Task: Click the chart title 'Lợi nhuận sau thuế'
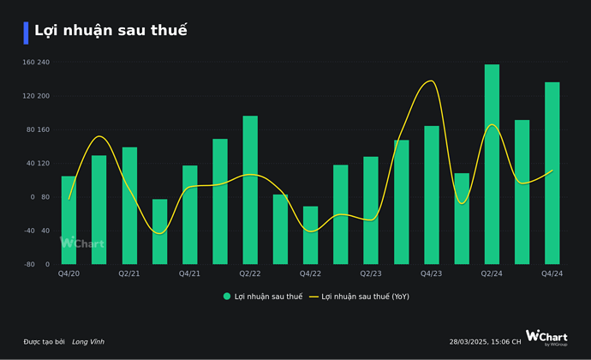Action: pyautogui.click(x=110, y=31)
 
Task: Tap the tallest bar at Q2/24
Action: pyautogui.click(x=492, y=164)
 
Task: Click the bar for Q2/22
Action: pyautogui.click(x=250, y=189)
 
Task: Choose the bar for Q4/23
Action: pyautogui.click(x=432, y=195)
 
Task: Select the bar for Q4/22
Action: pyautogui.click(x=310, y=235)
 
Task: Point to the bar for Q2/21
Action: pyautogui.click(x=129, y=205)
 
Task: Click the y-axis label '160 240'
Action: pyautogui.click(x=36, y=63)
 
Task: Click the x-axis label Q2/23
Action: pyautogui.click(x=371, y=273)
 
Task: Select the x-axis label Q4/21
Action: pyautogui.click(x=189, y=273)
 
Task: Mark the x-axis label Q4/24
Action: pyautogui.click(x=552, y=273)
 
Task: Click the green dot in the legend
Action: pyautogui.click(x=227, y=297)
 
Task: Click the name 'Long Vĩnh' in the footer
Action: pyautogui.click(x=88, y=342)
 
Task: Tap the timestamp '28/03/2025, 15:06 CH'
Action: pyautogui.click(x=485, y=342)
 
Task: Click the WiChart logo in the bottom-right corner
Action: pyautogui.click(x=546, y=338)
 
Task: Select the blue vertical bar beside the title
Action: pyautogui.click(x=27, y=33)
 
